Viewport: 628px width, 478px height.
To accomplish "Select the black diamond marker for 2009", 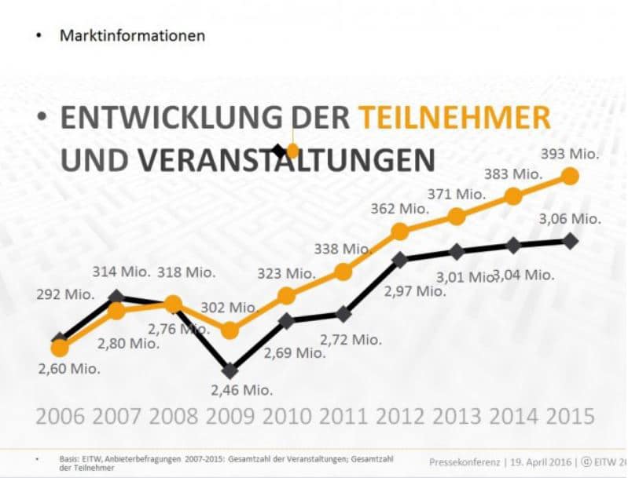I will (x=230, y=370).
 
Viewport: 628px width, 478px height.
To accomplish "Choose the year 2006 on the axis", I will (x=60, y=415).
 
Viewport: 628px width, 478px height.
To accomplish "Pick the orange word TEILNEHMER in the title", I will (x=454, y=118).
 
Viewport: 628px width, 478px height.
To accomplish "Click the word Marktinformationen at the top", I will (x=132, y=35).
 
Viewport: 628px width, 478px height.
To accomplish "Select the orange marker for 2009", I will (x=230, y=330).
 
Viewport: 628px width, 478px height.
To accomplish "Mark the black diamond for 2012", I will (x=400, y=259).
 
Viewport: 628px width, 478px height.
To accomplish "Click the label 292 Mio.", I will (x=64, y=295).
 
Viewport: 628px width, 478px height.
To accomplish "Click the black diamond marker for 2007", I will (x=116, y=297).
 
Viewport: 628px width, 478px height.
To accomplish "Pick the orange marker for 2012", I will (x=400, y=231).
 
